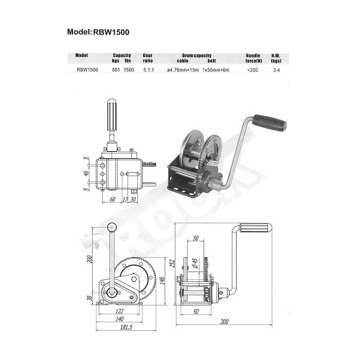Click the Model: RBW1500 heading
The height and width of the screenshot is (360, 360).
(x=98, y=31)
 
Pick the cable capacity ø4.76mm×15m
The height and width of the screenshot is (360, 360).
(x=183, y=69)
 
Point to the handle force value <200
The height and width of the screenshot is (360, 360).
(x=252, y=69)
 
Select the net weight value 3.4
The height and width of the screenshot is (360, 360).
(x=277, y=69)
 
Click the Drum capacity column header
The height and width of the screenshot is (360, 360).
(x=196, y=55)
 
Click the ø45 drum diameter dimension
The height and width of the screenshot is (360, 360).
(x=195, y=264)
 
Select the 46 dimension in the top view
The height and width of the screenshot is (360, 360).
(x=88, y=174)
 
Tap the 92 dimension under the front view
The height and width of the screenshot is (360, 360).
(x=196, y=311)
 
